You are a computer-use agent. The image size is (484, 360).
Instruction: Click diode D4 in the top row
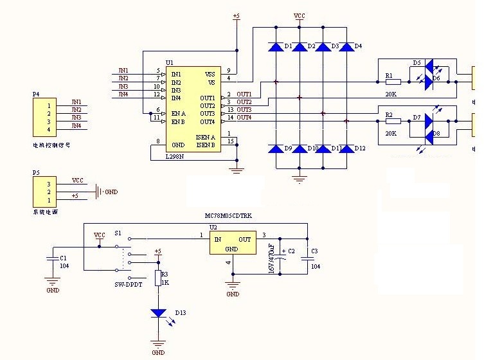tap(346, 47)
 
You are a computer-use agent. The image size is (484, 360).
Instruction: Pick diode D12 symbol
tap(346, 149)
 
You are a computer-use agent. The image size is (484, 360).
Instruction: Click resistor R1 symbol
tap(393, 82)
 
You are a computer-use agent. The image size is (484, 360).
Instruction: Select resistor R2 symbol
tap(393, 121)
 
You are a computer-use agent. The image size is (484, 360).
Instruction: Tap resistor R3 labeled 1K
tap(158, 278)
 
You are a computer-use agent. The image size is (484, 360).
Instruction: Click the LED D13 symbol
tap(158, 313)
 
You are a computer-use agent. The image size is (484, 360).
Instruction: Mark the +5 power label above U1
tap(236, 17)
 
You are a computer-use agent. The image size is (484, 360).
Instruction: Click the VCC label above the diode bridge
tap(300, 15)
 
